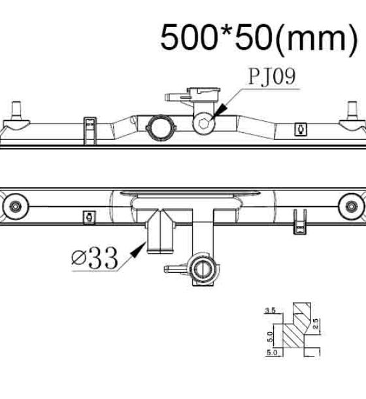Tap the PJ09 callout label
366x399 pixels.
(272, 77)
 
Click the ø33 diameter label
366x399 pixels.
(95, 258)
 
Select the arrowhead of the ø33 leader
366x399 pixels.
(139, 249)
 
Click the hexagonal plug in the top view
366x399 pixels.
(204, 124)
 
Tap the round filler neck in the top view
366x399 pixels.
(161, 128)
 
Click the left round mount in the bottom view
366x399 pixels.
(15, 206)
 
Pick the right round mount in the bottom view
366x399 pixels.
(351, 206)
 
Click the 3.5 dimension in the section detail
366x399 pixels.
(270, 310)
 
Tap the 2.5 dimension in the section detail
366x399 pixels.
(315, 323)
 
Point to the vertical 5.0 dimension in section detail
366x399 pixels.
(271, 337)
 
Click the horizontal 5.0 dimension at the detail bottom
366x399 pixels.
(272, 353)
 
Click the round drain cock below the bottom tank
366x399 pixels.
(203, 269)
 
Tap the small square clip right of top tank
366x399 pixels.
(301, 130)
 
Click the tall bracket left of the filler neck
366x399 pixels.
(90, 131)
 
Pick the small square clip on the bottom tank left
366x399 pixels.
(89, 218)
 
